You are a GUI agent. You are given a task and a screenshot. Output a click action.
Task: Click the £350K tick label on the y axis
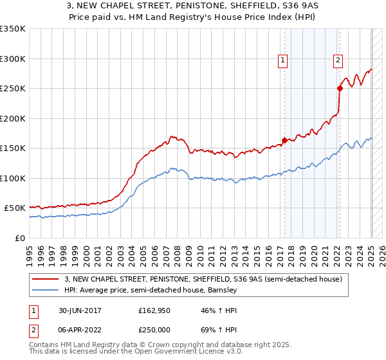(13, 29)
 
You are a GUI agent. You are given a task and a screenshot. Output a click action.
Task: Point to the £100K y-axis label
(13, 178)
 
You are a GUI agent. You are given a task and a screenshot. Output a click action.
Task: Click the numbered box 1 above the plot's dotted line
(283, 61)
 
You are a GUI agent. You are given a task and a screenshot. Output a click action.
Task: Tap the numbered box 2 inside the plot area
(338, 61)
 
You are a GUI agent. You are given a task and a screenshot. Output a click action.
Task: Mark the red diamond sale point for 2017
(284, 140)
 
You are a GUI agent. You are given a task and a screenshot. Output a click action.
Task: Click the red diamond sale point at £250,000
(339, 89)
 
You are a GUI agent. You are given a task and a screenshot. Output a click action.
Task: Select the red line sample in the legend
(46, 279)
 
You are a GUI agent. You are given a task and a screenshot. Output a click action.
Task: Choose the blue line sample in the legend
(46, 290)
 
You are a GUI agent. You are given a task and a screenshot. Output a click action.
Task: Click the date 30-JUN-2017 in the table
(78, 310)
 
